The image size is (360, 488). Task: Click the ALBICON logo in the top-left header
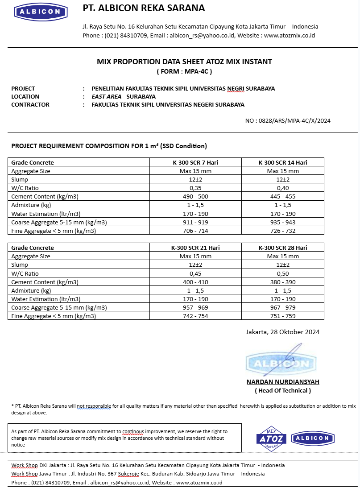41,12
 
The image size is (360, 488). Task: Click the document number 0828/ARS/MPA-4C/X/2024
288,120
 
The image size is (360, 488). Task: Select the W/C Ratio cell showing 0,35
195,188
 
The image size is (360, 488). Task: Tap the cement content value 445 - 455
283,197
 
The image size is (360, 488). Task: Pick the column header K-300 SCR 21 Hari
195,248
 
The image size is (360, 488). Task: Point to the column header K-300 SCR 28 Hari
283,248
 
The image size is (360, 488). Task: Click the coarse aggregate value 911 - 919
195,223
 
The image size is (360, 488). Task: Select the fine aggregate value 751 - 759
283,316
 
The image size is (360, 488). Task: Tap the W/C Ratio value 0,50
283,274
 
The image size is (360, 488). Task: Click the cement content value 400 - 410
195,282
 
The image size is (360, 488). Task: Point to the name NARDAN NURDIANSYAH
283,382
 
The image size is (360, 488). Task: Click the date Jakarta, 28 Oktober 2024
283,332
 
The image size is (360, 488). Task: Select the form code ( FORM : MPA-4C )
184,71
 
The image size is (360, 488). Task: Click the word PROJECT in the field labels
23,88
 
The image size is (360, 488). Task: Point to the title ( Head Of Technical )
283,391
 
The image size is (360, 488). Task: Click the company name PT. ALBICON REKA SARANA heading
144,8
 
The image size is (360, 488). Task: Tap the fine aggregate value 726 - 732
283,231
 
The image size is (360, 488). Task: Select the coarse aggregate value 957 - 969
195,308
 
